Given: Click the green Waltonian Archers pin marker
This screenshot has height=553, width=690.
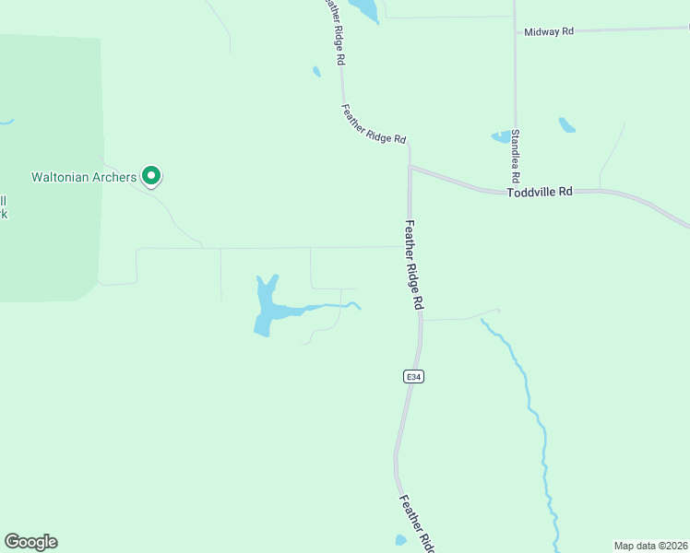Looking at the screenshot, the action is coord(152,174).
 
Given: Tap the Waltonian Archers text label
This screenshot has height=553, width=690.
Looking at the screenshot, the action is coord(84,176).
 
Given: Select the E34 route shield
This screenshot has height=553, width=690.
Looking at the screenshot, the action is coord(413,377).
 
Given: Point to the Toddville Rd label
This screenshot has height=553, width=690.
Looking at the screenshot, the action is coord(540,192).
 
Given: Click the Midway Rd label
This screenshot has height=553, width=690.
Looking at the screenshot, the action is coord(549,31).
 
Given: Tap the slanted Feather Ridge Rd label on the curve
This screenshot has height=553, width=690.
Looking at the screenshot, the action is coord(374,124).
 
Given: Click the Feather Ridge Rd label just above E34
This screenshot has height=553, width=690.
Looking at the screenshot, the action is coord(414,264).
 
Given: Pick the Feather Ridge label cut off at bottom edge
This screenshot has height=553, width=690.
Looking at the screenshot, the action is coord(417,524).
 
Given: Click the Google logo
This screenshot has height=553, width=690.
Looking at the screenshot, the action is coord(30,542).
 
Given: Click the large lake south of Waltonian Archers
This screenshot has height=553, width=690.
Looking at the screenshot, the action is coord(265,310).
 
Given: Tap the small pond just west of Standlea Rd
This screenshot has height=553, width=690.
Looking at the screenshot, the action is coord(502,137).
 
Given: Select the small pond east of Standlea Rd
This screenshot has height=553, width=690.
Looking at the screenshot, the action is coord(566,124).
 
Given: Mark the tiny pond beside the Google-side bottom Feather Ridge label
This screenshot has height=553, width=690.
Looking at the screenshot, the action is coord(400,540).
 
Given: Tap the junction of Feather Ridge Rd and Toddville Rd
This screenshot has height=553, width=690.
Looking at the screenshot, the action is coord(410,168).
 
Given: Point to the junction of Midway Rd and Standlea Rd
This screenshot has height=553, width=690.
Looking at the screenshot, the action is coord(515,32).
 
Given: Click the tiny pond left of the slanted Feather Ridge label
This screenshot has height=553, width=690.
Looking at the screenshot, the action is coord(316,71).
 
